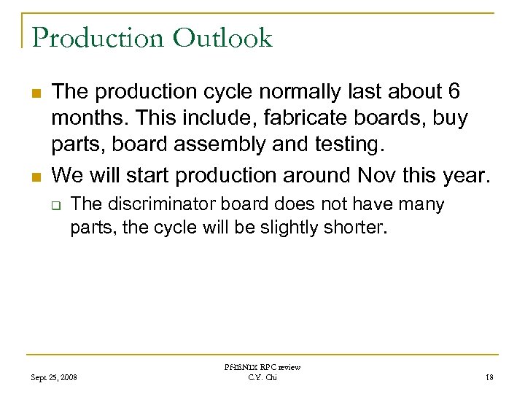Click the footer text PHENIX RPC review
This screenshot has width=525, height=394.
point(262,368)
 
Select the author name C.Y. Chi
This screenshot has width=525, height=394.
point(262,377)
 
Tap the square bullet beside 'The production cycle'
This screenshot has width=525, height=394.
point(36,93)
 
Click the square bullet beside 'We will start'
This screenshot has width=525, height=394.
point(36,177)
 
